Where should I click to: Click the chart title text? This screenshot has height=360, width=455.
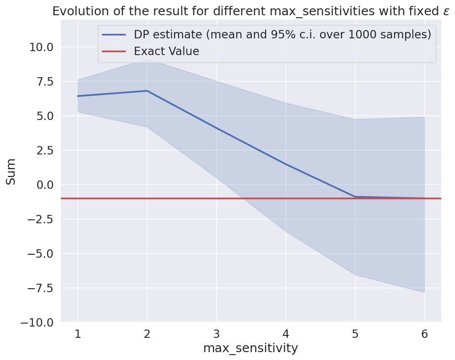(251, 11)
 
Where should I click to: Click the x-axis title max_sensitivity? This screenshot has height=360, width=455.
(251, 348)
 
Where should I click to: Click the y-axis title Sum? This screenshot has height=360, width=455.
(11, 171)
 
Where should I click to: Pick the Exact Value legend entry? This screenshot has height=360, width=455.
(166, 51)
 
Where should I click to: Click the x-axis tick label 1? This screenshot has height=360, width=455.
(78, 334)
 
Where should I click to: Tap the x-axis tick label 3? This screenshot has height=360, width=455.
(216, 334)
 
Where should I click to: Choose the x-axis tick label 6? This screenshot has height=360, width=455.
(424, 334)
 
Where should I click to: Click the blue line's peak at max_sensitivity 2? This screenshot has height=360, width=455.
(147, 91)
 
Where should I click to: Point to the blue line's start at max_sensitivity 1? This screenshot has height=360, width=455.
(78, 96)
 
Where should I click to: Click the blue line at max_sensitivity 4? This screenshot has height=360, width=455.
(286, 164)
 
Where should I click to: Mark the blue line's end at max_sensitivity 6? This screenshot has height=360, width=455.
(424, 198)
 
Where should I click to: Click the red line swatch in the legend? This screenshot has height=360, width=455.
(114, 51)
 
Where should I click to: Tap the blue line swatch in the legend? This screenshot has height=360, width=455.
(114, 34)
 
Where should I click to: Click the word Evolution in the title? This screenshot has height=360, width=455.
(77, 11)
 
